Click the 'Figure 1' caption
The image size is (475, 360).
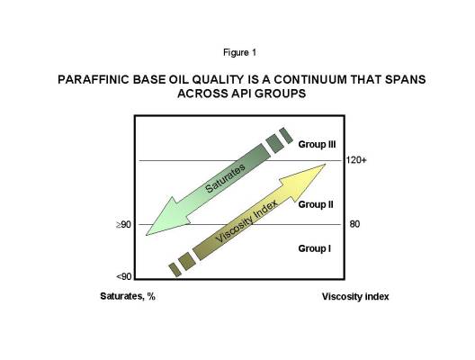(239, 53)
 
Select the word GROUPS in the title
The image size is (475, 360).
(280, 94)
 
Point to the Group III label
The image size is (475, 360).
(317, 144)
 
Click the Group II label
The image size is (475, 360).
(316, 204)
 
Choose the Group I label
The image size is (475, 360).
(315, 248)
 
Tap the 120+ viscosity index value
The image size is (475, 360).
(356, 159)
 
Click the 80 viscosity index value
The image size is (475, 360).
(354, 224)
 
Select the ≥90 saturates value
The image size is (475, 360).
(123, 224)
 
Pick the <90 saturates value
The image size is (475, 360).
(124, 276)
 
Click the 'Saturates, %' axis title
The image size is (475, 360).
(128, 296)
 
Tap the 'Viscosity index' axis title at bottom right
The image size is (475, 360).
(355, 296)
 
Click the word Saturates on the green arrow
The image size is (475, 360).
(225, 178)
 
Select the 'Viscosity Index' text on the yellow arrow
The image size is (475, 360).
(246, 220)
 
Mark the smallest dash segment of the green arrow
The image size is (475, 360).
(286, 136)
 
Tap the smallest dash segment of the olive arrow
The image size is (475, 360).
(175, 270)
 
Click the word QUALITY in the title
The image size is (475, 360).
(218, 80)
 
